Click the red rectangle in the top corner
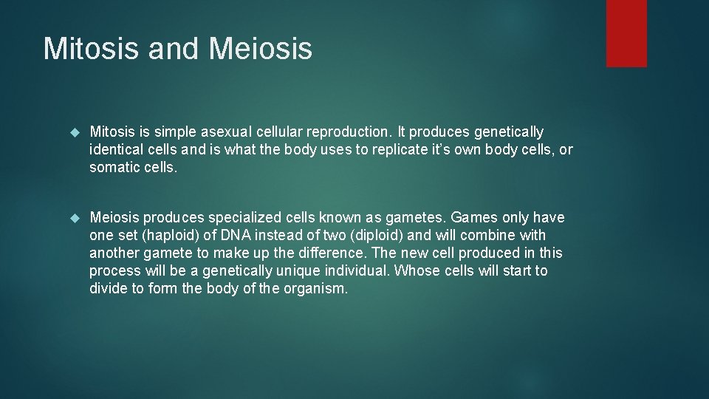[626, 33]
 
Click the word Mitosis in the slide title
[90, 49]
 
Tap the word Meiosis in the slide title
[261, 49]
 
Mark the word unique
[295, 271]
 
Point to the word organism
[315, 289]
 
